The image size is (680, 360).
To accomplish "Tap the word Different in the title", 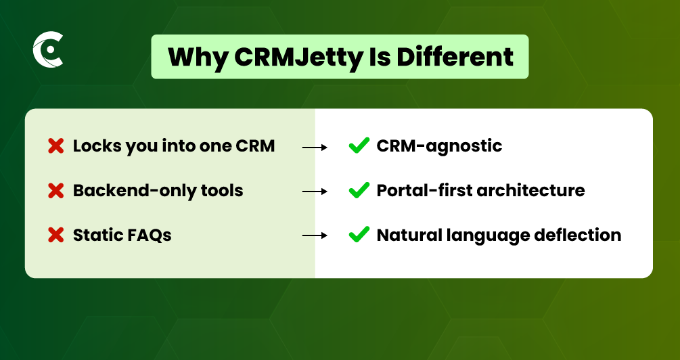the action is (x=455, y=56).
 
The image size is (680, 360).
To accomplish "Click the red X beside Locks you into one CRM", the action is (x=56, y=146).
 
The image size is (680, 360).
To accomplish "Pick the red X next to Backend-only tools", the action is (x=56, y=191).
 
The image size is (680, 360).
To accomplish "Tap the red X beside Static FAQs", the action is (x=56, y=235).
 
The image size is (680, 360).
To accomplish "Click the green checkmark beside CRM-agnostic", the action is (x=359, y=145).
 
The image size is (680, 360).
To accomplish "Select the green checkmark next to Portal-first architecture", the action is (x=359, y=190).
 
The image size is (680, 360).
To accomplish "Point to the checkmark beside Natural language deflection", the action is (x=359, y=235).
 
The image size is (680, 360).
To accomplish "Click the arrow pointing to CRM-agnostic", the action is (x=315, y=148).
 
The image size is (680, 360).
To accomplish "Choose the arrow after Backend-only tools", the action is (x=315, y=192).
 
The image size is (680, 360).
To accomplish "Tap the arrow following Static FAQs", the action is (x=315, y=235).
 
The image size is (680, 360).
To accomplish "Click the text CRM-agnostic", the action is (x=439, y=146).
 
